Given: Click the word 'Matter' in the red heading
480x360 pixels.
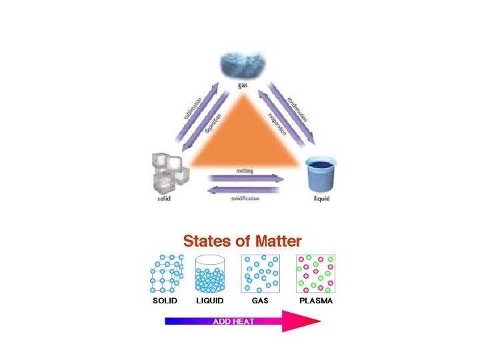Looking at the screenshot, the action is point(270,241).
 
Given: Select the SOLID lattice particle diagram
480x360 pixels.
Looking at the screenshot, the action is point(167,273).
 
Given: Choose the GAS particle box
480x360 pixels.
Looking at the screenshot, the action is point(260,273).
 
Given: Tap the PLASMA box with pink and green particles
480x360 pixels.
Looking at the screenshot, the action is point(316,273).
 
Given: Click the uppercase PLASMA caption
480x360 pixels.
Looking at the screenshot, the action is point(316,301).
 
